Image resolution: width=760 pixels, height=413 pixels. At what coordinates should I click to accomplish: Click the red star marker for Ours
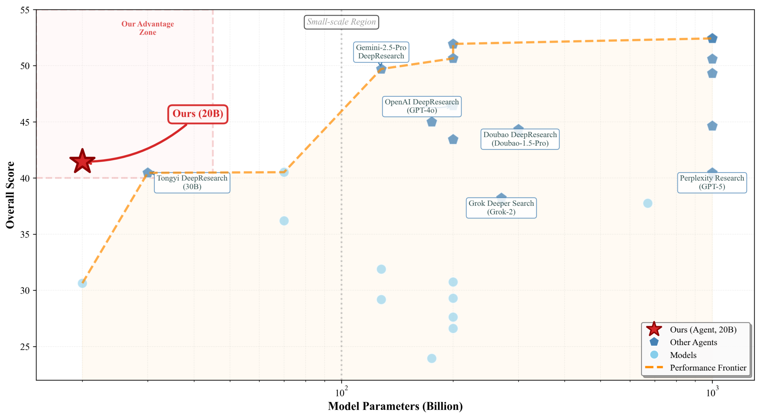(x=82, y=162)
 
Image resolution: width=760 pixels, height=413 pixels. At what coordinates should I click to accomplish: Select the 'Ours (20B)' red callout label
(x=198, y=114)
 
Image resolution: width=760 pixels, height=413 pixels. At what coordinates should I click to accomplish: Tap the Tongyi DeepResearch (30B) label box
(x=192, y=182)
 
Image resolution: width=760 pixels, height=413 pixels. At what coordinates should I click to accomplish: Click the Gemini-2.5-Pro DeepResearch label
(x=381, y=52)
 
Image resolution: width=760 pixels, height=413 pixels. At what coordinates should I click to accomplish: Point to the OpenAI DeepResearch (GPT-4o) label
(x=422, y=106)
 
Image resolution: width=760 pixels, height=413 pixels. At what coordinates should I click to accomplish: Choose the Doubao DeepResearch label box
(x=520, y=139)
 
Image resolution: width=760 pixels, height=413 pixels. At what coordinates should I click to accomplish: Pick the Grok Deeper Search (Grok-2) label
(x=501, y=208)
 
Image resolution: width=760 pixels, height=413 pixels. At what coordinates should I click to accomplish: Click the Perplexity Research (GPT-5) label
(x=712, y=182)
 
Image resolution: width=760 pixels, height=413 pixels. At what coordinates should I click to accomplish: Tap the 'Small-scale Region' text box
(x=341, y=22)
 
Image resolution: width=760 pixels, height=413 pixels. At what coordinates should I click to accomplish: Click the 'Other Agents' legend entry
(x=693, y=342)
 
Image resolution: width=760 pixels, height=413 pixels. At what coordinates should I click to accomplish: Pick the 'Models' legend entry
(x=683, y=355)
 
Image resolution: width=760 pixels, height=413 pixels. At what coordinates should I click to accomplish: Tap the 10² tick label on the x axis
(x=340, y=393)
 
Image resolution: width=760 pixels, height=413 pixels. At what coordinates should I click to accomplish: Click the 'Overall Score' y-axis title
(x=10, y=195)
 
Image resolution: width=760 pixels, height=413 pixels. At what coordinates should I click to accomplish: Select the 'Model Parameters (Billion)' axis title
(x=395, y=406)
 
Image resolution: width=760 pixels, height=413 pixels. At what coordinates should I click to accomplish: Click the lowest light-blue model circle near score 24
(x=432, y=358)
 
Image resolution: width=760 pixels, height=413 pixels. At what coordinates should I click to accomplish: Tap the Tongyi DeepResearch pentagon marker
(x=148, y=173)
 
